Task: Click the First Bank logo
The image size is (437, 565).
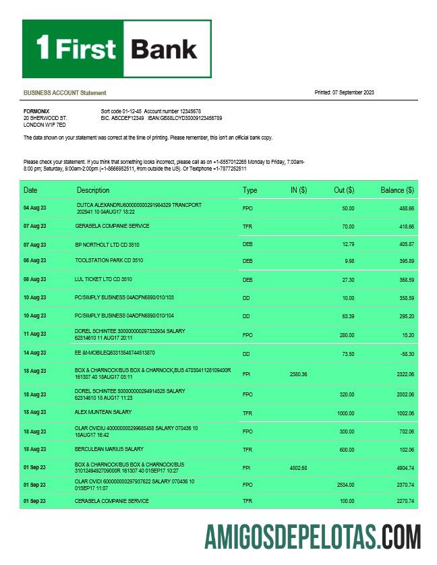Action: point(117,49)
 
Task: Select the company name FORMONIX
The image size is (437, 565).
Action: point(36,111)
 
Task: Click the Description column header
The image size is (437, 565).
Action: point(93,190)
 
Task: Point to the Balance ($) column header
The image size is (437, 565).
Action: point(397,190)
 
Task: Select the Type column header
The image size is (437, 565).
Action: point(250,190)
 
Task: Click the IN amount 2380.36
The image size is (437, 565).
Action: point(298,374)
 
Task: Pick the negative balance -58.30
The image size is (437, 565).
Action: point(405,353)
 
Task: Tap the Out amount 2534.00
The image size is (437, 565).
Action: point(344,485)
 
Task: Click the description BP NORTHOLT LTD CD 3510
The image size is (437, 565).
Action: point(107,244)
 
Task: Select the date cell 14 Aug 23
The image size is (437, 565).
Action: point(35,353)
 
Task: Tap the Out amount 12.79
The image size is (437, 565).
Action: point(348,244)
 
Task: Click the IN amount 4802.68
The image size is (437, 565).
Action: point(298,467)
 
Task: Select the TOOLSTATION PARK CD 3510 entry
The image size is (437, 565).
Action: point(109,260)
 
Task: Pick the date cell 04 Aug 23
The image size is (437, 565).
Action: point(35,208)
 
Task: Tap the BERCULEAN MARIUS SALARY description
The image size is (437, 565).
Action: point(109,449)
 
